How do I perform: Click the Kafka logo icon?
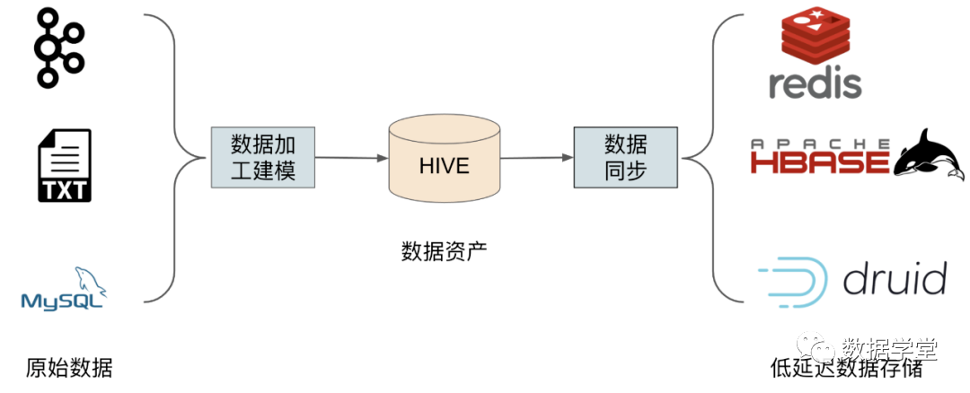click(x=59, y=49)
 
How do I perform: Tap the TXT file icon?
click(x=64, y=166)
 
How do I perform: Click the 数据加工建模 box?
click(x=263, y=157)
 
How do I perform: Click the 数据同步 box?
click(x=624, y=157)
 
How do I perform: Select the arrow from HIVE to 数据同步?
click(x=537, y=158)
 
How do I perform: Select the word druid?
click(x=895, y=280)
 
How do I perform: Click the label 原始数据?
click(x=70, y=368)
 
